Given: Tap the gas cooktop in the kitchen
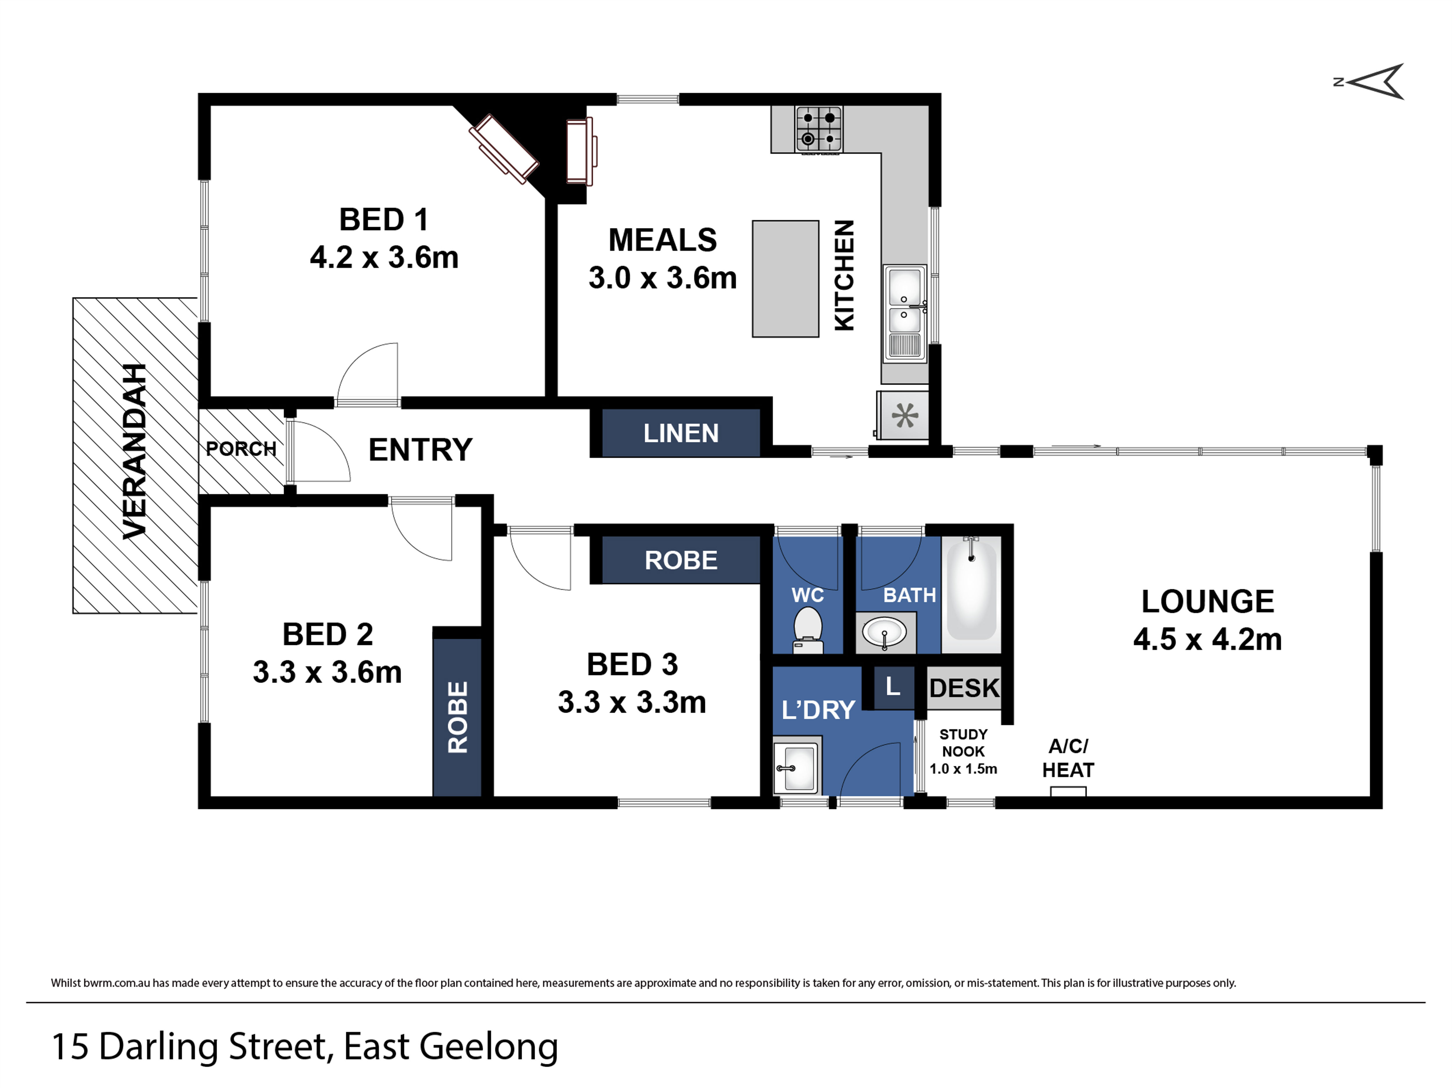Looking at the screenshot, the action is coord(819,129).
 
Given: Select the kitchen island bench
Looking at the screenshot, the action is coord(785,279).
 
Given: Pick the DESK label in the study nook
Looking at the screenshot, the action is coord(964,688).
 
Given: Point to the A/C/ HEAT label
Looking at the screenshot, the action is coord(1068,758).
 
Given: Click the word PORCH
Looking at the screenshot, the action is coord(241,449).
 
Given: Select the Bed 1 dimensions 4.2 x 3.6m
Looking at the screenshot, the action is coord(384,257).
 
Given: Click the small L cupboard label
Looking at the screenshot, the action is coord(893,687).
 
